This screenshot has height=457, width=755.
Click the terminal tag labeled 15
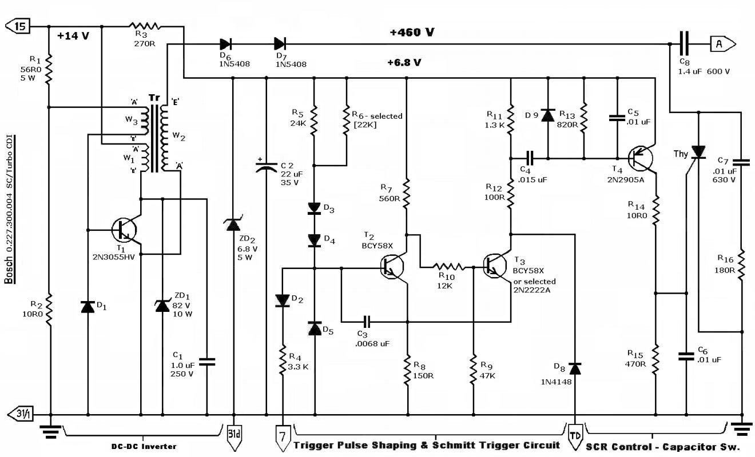(17, 26)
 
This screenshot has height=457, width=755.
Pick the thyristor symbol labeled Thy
(698, 151)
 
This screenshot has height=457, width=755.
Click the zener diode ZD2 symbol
(233, 225)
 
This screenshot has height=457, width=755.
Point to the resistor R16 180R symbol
(741, 264)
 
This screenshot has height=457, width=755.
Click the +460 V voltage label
(411, 33)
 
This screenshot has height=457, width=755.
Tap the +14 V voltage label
(73, 35)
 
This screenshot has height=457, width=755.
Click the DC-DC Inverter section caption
(144, 446)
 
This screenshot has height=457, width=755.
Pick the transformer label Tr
(154, 98)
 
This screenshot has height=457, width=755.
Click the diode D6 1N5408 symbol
(225, 43)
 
